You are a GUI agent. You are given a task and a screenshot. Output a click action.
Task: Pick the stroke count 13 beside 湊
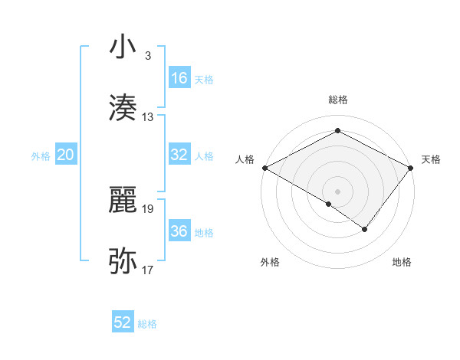148,117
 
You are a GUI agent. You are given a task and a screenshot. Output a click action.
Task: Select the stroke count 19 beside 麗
148,208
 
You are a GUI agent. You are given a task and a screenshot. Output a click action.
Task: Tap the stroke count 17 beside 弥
148,270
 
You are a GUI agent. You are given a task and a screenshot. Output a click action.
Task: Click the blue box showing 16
179,78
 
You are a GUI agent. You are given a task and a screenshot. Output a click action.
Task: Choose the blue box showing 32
179,155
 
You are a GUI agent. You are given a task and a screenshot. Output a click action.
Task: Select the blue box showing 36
179,231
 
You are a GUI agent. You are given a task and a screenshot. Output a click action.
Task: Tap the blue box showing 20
66,155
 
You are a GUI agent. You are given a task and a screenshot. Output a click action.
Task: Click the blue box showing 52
123,322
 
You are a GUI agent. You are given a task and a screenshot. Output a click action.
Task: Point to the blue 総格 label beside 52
147,324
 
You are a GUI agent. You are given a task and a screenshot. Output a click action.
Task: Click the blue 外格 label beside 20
41,156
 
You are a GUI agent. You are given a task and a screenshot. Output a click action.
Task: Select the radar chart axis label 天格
431,159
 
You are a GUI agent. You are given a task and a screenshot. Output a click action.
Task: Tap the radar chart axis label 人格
245,159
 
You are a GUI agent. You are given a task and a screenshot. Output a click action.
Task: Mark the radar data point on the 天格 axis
411,167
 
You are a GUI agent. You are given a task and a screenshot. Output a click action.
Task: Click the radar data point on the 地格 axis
365,229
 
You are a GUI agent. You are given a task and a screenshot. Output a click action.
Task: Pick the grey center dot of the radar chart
337,191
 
